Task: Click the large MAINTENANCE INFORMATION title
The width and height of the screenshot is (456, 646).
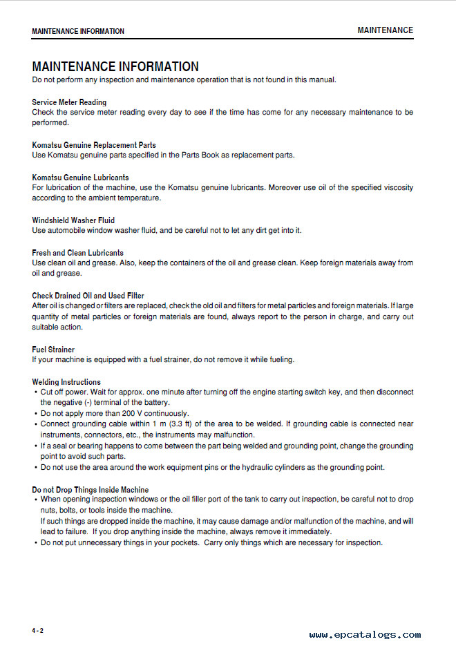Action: pos(115,67)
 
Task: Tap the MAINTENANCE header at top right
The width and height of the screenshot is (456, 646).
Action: pos(385,30)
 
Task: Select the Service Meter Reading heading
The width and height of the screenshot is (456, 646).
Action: pos(69,102)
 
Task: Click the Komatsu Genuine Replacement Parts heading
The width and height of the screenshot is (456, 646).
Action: pos(94,145)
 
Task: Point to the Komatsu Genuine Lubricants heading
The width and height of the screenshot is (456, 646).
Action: pos(80,178)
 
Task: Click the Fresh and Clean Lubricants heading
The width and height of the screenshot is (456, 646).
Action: pos(77,253)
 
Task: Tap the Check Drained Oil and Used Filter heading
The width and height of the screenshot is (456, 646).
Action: pos(88,296)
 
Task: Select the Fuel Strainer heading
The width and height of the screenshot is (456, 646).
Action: pos(53,350)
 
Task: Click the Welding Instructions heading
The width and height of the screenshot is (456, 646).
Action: pos(66,382)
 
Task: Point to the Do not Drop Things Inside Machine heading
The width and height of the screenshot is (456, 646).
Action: pos(90,490)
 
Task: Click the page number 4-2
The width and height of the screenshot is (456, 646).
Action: pos(37,631)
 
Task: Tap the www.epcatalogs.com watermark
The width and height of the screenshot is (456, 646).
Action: pos(365,635)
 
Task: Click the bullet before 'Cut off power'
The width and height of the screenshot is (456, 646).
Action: pos(35,392)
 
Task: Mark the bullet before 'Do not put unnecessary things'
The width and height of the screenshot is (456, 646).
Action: pos(35,543)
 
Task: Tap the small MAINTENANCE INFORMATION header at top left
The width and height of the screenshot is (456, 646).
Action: pos(78,31)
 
